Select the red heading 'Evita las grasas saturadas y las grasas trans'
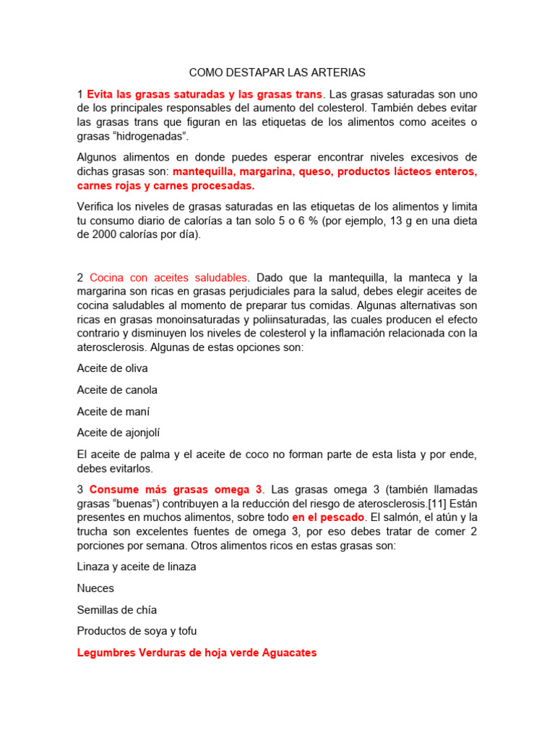[205, 94]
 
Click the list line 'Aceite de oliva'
[112, 368]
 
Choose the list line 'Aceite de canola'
[117, 390]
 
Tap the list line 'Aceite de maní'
[113, 411]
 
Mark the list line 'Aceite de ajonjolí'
[119, 433]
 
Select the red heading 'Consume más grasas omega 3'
[176, 490]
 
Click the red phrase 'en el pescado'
[328, 518]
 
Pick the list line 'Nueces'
[95, 588]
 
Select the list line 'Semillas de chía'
[117, 610]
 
